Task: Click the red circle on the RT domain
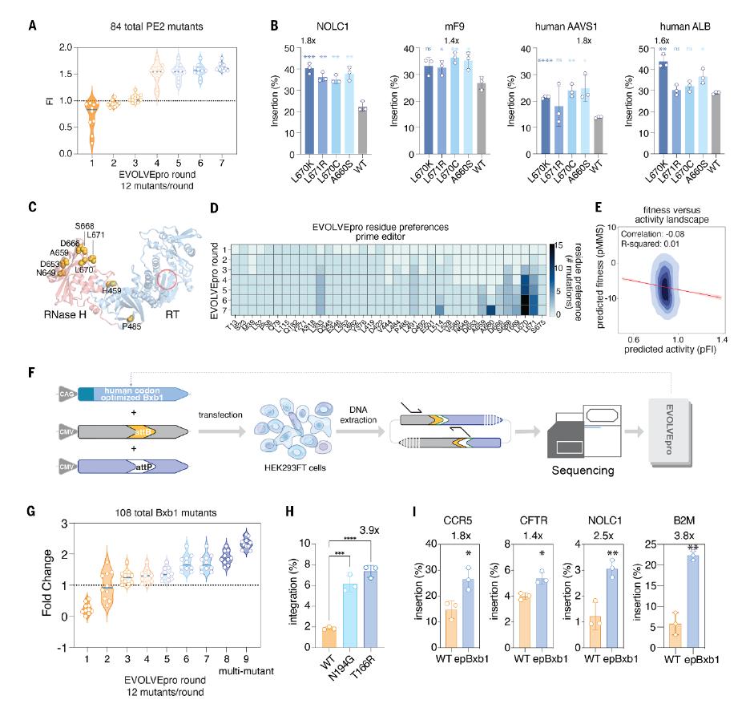coord(168,280)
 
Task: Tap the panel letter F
coord(31,374)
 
